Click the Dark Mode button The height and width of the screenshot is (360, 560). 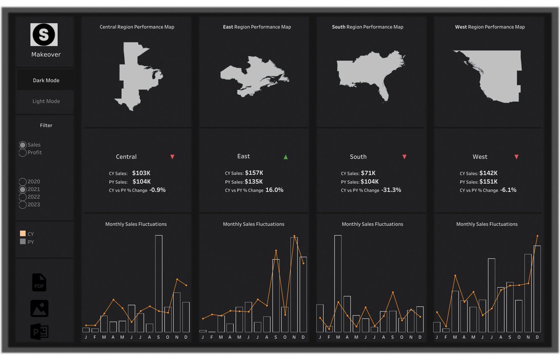(46, 80)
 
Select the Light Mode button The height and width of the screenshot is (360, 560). (46, 101)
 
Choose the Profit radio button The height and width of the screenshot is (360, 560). (22, 153)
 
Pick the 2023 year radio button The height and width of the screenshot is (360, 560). (22, 205)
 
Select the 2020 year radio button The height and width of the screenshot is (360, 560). (22, 182)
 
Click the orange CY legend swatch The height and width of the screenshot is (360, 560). (22, 234)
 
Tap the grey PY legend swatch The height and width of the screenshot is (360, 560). (22, 242)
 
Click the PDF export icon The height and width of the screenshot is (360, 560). (39, 282)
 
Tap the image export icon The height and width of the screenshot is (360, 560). (39, 309)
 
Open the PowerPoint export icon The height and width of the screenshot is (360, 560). (39, 332)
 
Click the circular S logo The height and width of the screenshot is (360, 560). (44, 35)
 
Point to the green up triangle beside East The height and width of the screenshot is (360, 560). (286, 157)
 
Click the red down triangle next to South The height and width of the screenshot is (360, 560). (405, 157)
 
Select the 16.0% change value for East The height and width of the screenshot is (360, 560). (274, 190)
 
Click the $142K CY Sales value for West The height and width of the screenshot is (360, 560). (488, 173)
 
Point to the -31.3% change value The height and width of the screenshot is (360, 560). (391, 190)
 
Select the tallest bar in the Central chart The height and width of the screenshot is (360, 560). (159, 283)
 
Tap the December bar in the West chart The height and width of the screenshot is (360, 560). (537, 289)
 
